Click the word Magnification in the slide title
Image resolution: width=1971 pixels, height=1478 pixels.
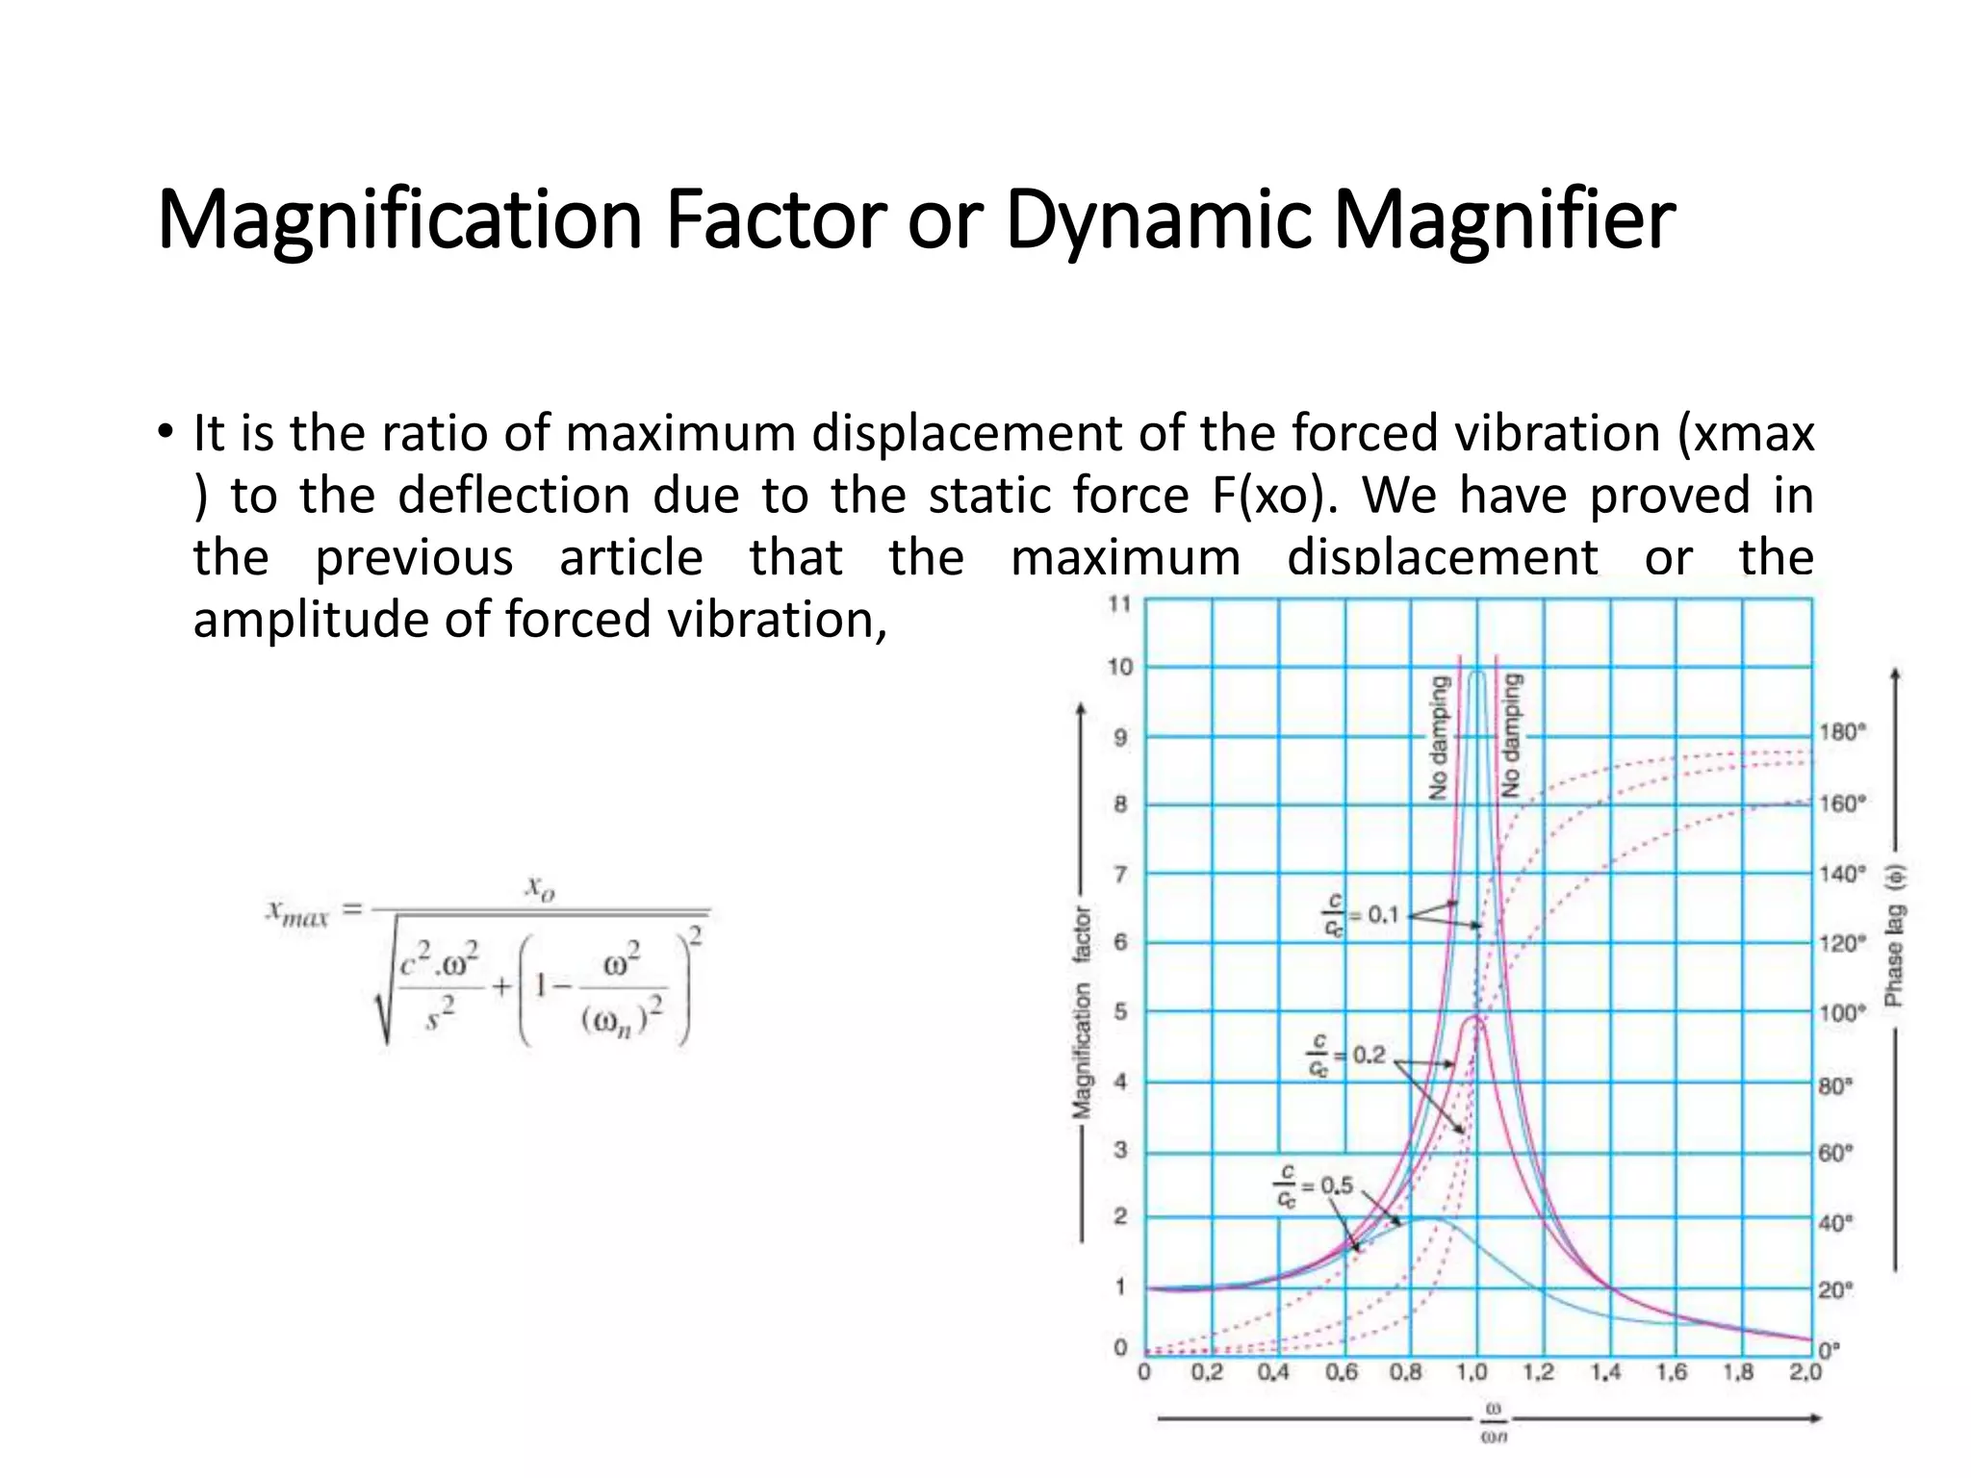(x=399, y=220)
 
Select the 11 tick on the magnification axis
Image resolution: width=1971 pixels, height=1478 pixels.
(x=1119, y=604)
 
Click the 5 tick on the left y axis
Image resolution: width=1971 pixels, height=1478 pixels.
(x=1120, y=1012)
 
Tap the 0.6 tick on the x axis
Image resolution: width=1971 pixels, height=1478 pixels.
(x=1341, y=1372)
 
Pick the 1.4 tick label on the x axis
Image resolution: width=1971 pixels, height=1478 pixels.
(x=1605, y=1372)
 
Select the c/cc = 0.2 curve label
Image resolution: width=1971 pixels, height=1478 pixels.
(x=1346, y=1056)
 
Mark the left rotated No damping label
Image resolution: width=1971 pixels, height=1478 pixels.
(x=1440, y=737)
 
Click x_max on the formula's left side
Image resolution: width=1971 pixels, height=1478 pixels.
(x=297, y=911)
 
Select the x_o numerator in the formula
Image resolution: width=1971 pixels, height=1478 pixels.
(x=540, y=887)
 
